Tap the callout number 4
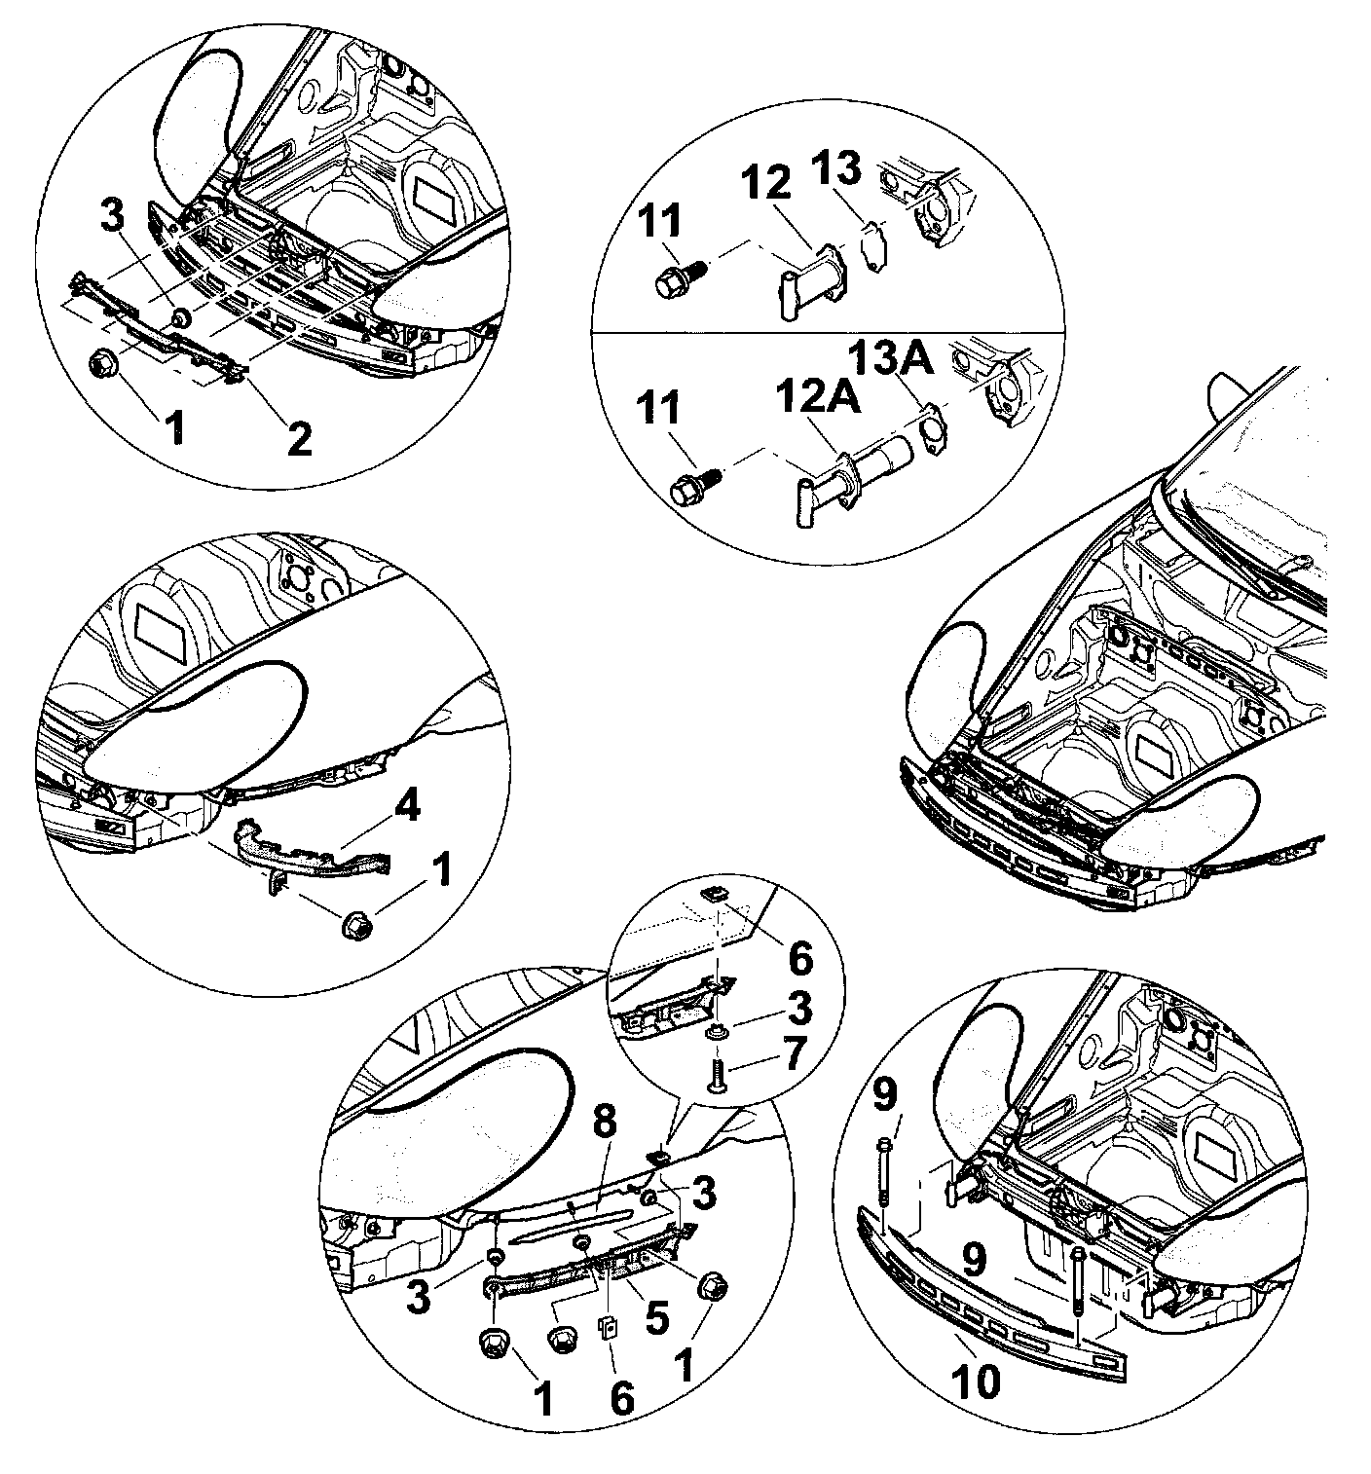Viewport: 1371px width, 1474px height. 407,807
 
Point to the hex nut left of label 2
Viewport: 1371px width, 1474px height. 102,364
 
